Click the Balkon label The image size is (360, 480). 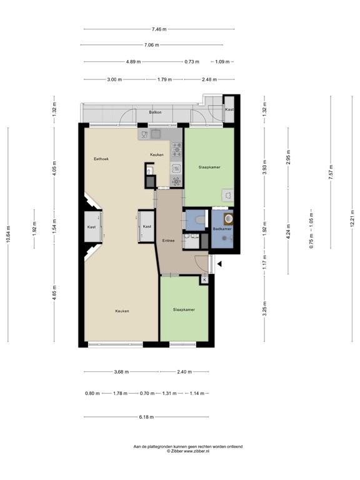click(x=155, y=112)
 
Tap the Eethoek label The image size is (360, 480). click(x=101, y=159)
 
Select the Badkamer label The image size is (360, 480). click(x=222, y=229)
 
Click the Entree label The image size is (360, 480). click(x=168, y=241)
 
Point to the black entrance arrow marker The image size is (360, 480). click(x=219, y=264)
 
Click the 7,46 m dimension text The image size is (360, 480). click(x=159, y=29)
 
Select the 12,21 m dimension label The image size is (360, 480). click(x=352, y=219)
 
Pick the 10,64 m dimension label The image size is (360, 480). click(x=8, y=234)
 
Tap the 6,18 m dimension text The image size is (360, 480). click(x=146, y=417)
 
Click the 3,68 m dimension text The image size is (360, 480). click(x=121, y=372)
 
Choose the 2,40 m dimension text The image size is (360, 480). click(x=184, y=372)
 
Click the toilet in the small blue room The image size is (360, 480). click(x=200, y=219)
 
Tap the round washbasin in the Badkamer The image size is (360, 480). click(x=229, y=218)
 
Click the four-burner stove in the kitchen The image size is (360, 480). click(x=177, y=150)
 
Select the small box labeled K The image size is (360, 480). click(x=204, y=280)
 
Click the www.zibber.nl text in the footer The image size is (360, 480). click(x=196, y=451)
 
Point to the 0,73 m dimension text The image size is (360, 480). click(x=192, y=62)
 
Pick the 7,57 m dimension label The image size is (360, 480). click(x=331, y=172)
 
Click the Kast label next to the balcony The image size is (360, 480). click(x=229, y=109)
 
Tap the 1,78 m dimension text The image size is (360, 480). click(x=120, y=393)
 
